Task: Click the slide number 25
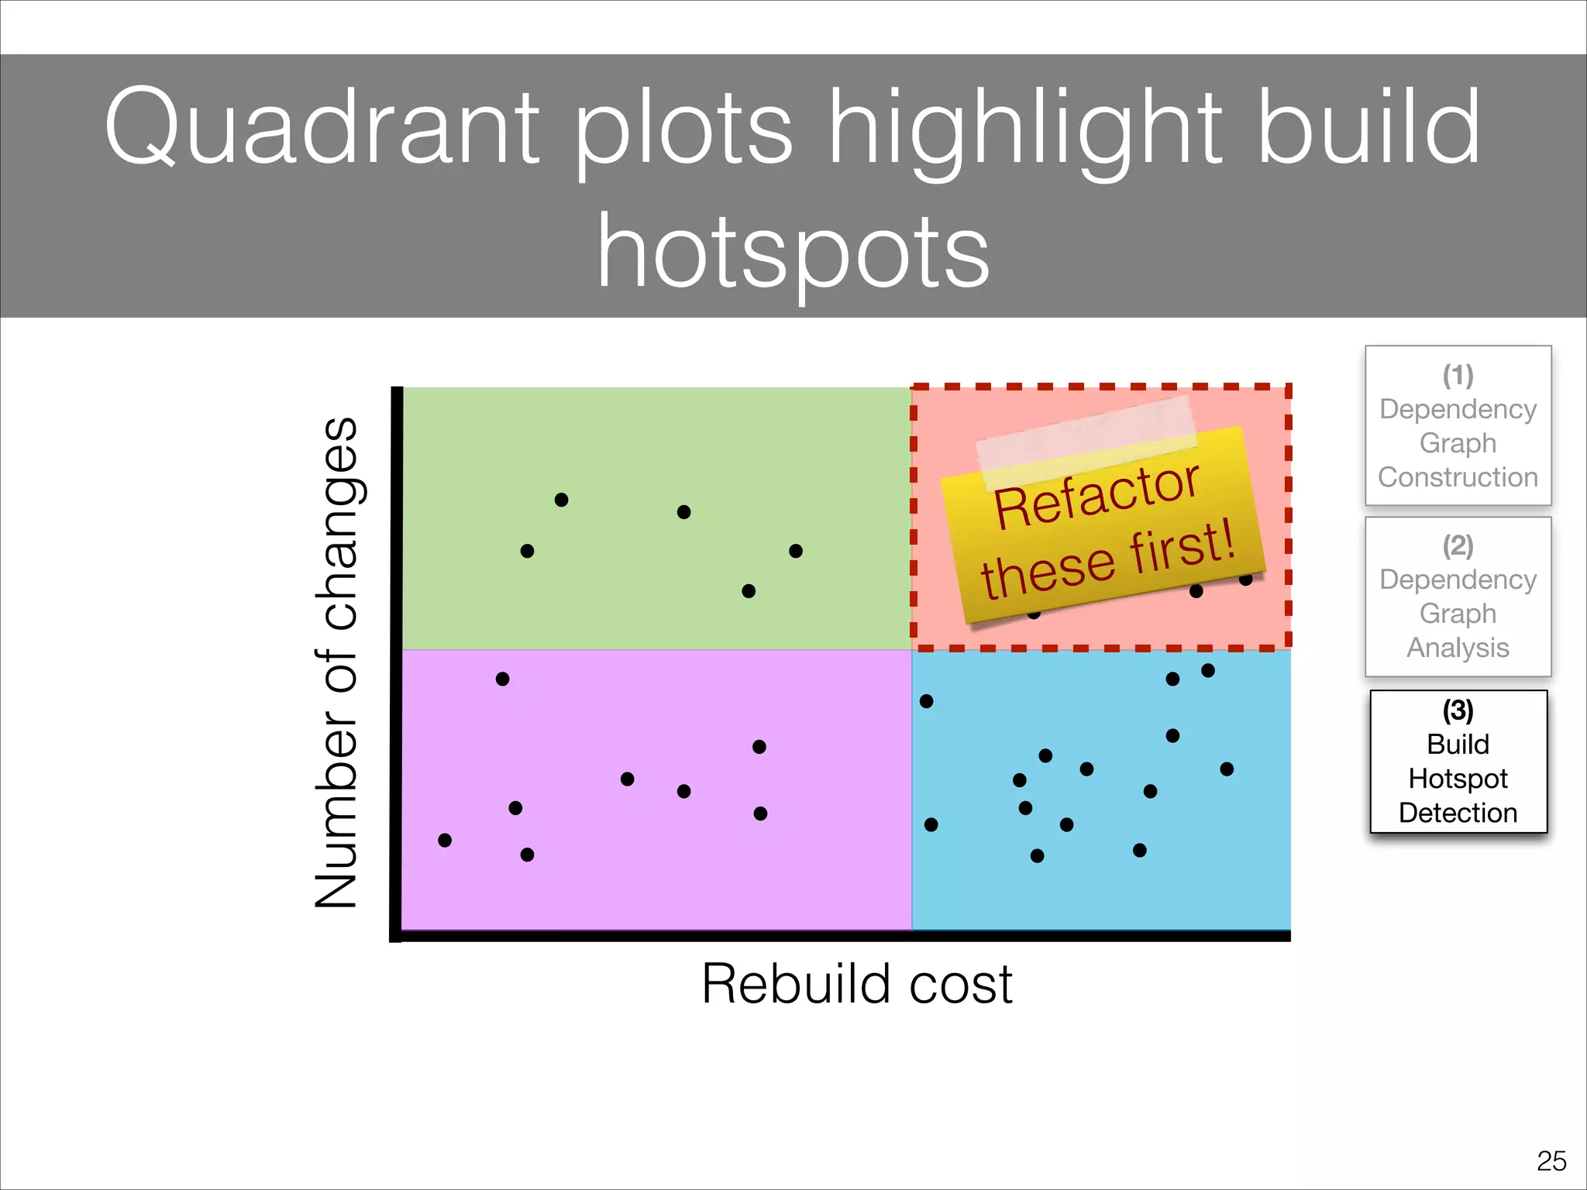coord(1551,1161)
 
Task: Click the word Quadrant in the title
coord(322,128)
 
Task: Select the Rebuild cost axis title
coord(856,984)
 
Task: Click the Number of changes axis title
coord(337,662)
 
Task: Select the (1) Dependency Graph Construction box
coord(1458,425)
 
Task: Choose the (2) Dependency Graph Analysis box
coord(1458,597)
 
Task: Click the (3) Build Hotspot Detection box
coord(1458,762)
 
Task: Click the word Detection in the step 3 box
coord(1458,813)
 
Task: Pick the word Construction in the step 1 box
coord(1458,477)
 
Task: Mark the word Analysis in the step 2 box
coord(1458,648)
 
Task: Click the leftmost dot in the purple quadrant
coord(445,841)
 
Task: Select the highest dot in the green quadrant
coord(562,500)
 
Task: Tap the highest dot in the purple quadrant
coord(502,679)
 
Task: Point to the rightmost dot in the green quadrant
coord(796,551)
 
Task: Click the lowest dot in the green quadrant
coord(749,591)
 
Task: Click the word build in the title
coord(1368,128)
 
